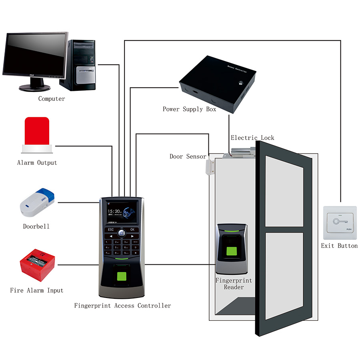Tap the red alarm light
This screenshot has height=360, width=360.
(37, 132)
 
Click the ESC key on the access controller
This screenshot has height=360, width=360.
(111, 230)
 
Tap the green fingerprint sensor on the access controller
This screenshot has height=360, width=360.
(123, 276)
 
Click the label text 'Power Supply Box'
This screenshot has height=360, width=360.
(189, 109)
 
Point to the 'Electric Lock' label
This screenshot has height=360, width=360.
(252, 138)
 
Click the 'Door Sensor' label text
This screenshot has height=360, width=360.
(188, 156)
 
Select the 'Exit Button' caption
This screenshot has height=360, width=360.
(339, 246)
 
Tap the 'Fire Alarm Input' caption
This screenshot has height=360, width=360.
(37, 290)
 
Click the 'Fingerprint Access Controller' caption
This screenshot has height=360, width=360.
(122, 306)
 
